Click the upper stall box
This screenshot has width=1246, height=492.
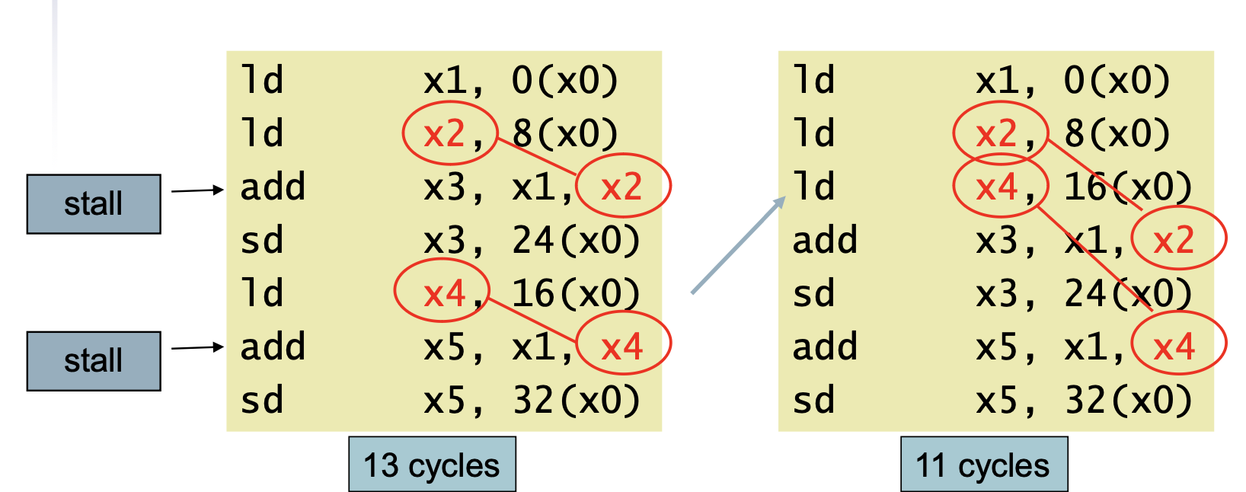pyautogui.click(x=94, y=203)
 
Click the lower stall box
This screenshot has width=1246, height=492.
pyautogui.click(x=94, y=361)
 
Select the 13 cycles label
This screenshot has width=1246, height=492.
pyautogui.click(x=432, y=465)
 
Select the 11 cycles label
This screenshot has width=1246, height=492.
pyautogui.click(x=984, y=465)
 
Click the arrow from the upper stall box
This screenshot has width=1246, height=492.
pyautogui.click(x=197, y=190)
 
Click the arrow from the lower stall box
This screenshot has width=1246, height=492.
pyautogui.click(x=197, y=348)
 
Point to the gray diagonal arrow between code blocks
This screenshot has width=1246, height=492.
pyautogui.click(x=738, y=244)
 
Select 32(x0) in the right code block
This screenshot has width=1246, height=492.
pyautogui.click(x=1129, y=400)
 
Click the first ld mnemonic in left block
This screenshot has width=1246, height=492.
pyautogui.click(x=262, y=79)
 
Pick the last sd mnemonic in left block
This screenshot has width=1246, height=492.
pyautogui.click(x=262, y=400)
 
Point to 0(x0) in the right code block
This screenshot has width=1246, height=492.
pyautogui.click(x=1117, y=80)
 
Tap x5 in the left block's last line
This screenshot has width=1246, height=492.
pyautogui.click(x=444, y=400)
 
